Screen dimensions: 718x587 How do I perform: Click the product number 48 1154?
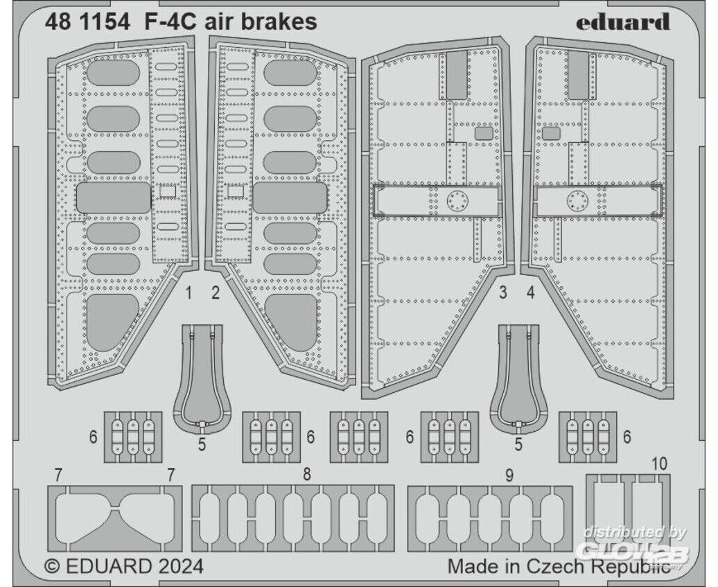point(87,21)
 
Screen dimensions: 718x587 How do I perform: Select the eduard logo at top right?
point(623,21)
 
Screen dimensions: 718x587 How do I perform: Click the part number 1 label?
point(189,292)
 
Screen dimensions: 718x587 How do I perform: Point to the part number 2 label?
point(216,292)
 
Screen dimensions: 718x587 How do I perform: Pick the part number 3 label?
point(503,292)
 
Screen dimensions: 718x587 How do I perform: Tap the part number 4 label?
point(531,292)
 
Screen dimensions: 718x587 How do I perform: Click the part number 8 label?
point(307,474)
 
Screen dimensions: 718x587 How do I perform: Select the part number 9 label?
point(509,476)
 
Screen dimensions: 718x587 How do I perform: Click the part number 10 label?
point(658,464)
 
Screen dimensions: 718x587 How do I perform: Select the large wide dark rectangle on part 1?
point(114,198)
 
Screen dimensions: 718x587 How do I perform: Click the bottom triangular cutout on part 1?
point(112,322)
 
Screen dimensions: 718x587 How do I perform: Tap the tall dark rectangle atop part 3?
point(456,74)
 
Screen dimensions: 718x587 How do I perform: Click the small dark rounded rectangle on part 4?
point(551,133)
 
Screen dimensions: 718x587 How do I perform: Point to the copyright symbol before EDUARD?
point(53,566)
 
